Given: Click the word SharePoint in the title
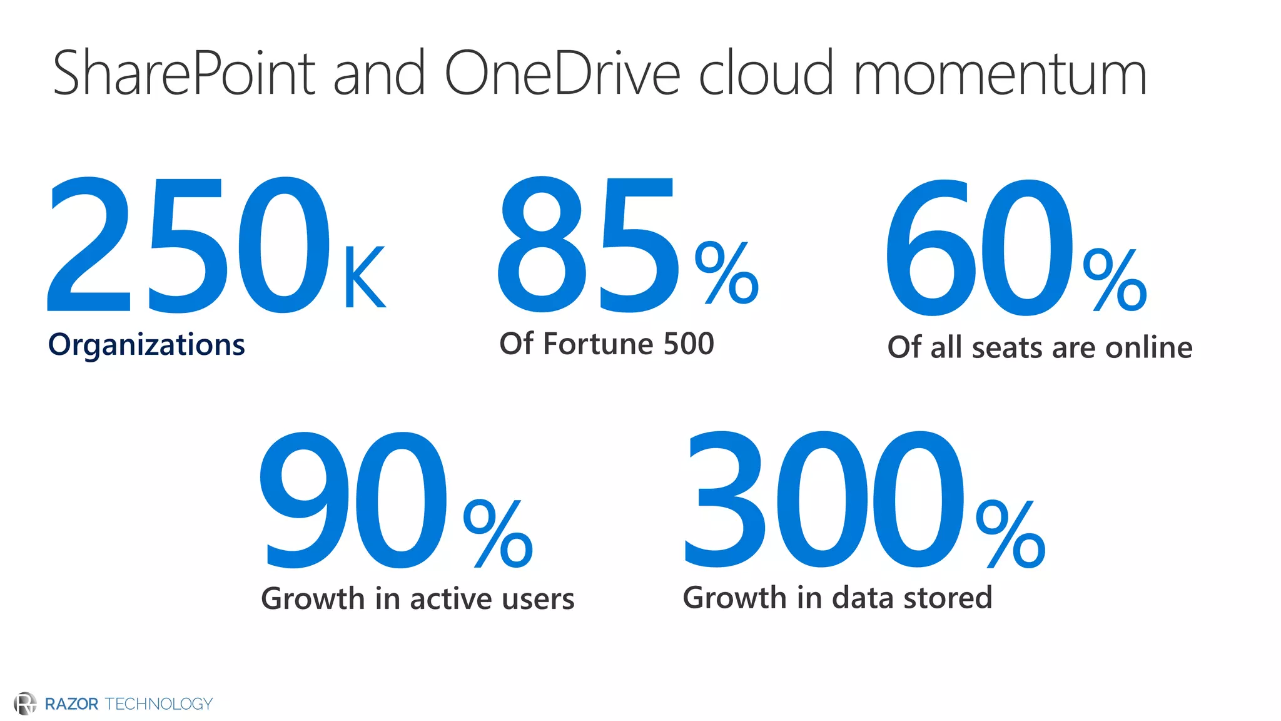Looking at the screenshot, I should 185,74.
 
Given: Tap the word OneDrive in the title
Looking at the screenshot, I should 562,74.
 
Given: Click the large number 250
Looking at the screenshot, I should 188,245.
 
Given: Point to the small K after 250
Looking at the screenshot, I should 364,278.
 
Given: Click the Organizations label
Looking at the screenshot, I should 146,345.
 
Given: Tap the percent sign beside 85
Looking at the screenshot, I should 727,273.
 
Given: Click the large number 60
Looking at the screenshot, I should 979,248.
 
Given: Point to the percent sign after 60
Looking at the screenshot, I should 1115,280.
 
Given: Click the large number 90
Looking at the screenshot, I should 354,501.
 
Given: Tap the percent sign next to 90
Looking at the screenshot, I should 498,534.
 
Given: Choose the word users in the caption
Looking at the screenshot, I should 538,599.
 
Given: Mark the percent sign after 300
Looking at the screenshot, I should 1010,534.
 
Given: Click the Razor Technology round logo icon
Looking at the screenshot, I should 25,703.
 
